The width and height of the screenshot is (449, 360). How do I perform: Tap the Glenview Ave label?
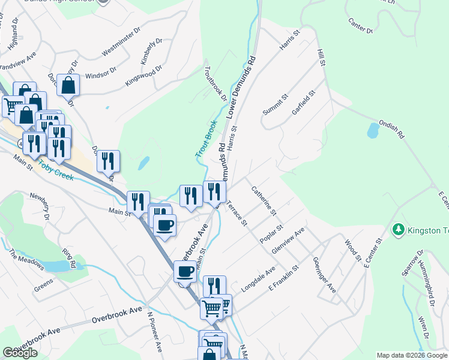pyautogui.click(x=288, y=240)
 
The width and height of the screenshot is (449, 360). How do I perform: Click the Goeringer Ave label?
pyautogui.click(x=324, y=275)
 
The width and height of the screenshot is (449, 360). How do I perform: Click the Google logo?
pyautogui.click(x=20, y=353)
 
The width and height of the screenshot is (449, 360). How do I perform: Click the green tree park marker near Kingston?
pyautogui.click(x=397, y=229)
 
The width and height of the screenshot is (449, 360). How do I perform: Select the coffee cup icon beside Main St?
pyautogui.click(x=164, y=226)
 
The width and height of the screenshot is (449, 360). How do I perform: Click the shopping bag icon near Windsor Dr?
pyautogui.click(x=69, y=86)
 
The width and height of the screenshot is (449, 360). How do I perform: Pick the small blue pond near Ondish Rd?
pyautogui.click(x=373, y=130)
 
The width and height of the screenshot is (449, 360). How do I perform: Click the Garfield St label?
pyautogui.click(x=303, y=103)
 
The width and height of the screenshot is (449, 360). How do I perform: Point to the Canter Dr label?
pyautogui.click(x=360, y=25)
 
